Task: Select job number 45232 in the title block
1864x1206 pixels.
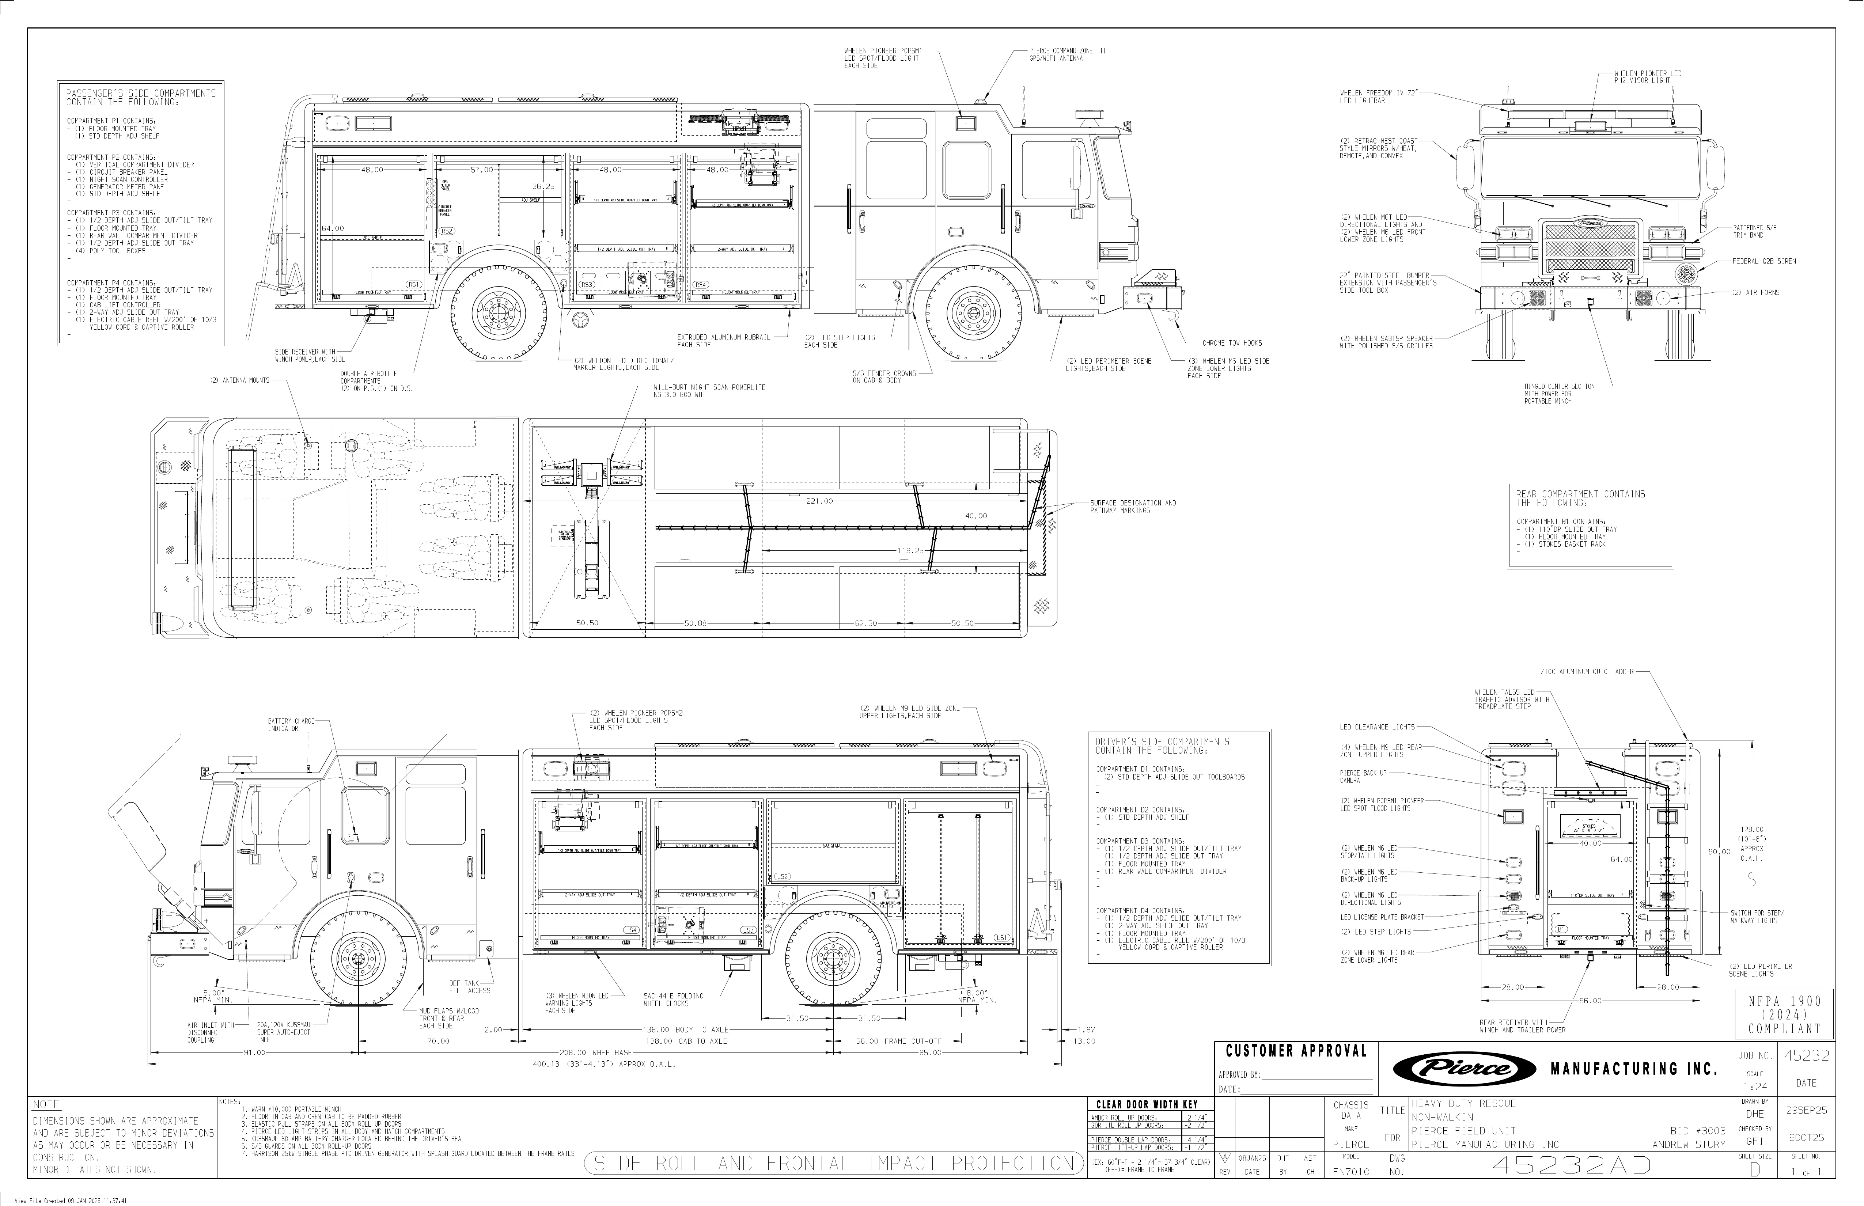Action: [x=1806, y=1056]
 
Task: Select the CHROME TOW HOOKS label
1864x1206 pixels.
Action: [x=1232, y=343]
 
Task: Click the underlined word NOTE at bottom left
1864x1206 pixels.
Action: [x=46, y=1104]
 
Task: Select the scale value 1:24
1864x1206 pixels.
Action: [x=1754, y=1087]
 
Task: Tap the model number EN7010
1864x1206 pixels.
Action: [x=1351, y=1172]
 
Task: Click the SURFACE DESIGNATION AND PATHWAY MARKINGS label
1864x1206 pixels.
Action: [x=1133, y=507]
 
